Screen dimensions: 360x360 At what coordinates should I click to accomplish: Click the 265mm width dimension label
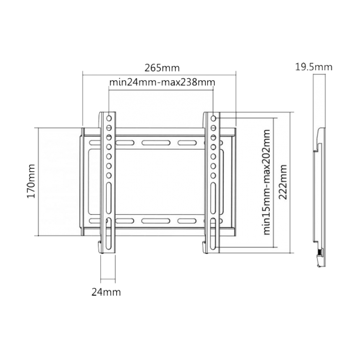click(x=162, y=68)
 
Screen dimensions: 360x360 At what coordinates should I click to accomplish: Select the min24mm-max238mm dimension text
click(x=162, y=82)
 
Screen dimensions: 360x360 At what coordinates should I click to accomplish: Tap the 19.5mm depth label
click(x=313, y=66)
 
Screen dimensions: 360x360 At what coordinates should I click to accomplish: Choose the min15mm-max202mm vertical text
click(x=266, y=182)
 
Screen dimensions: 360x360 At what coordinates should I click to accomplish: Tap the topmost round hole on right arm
click(x=214, y=118)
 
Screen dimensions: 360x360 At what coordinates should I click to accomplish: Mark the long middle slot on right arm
click(x=214, y=193)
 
